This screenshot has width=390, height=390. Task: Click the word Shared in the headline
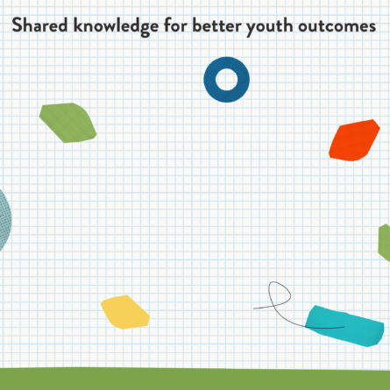click(40, 25)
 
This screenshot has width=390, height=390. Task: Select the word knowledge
click(116, 27)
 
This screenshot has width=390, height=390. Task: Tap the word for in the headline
click(175, 25)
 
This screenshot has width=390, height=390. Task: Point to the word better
click(216, 25)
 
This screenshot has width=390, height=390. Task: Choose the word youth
click(270, 27)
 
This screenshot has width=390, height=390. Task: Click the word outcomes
click(337, 26)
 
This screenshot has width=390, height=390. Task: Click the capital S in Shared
click(17, 25)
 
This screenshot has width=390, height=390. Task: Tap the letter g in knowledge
click(145, 30)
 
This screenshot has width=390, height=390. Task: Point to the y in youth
click(252, 29)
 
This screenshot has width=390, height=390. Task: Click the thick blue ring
click(209, 80)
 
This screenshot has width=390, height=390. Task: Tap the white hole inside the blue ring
click(227, 80)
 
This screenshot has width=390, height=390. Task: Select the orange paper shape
click(354, 140)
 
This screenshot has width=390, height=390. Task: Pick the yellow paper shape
click(124, 312)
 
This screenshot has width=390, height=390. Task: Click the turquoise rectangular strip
click(344, 326)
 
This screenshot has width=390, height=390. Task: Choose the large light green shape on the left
click(67, 123)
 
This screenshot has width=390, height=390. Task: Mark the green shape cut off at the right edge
click(385, 243)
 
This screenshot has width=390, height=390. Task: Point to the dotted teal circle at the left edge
click(5, 220)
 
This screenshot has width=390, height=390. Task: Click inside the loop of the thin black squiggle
click(280, 294)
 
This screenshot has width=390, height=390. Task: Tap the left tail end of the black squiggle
click(253, 308)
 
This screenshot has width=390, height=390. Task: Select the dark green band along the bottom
click(195, 379)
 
